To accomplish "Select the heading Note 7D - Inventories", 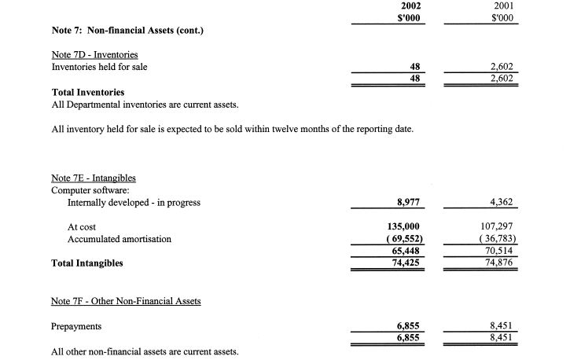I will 95,54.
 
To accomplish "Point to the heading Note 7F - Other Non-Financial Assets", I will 125,301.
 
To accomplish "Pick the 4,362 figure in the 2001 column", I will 502,203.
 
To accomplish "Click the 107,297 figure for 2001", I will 497,227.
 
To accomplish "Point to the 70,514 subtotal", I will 500,252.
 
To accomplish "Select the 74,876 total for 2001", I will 500,263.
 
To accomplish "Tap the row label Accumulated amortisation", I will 120,239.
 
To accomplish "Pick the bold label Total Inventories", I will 87,93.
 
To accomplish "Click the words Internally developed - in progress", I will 134,203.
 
